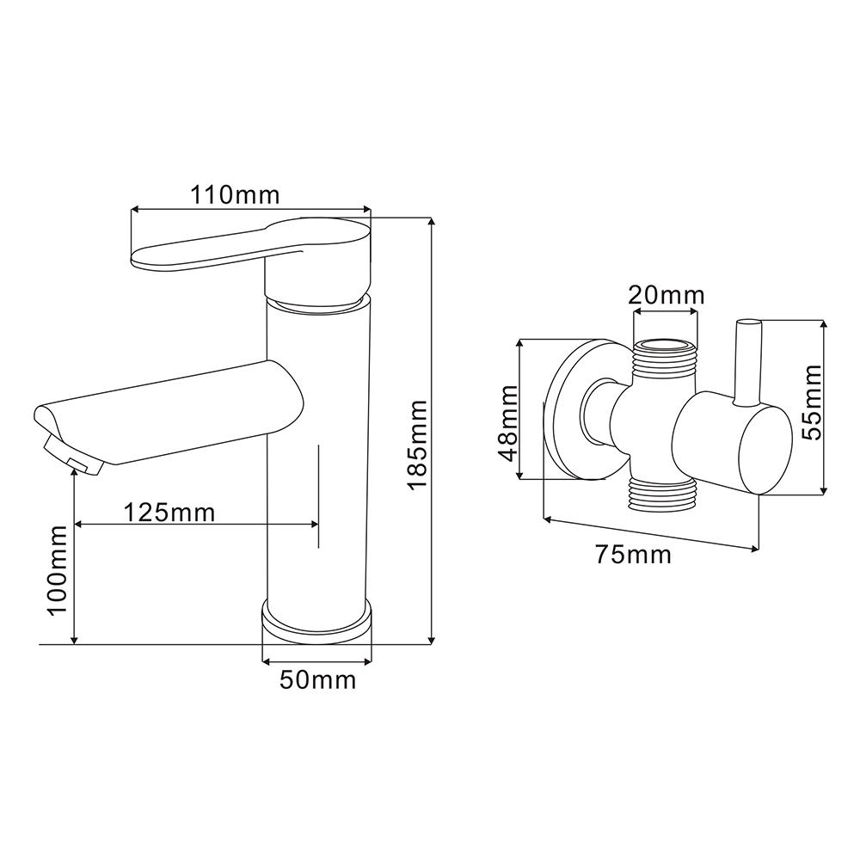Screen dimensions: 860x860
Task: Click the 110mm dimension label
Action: [x=235, y=194]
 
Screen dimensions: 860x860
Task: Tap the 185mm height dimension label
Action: [x=419, y=445]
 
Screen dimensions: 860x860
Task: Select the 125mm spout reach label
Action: [x=169, y=513]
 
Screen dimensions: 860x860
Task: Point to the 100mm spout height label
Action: [x=58, y=570]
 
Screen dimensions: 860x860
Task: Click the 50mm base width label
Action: [x=318, y=680]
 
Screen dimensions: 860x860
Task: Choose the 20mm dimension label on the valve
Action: [x=666, y=296]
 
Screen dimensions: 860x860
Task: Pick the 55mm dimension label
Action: [x=812, y=402]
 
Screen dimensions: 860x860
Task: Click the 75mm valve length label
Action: [x=634, y=555]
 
